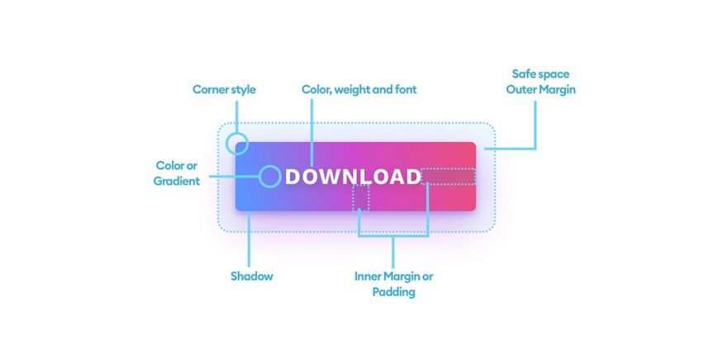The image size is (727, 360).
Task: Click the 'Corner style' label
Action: pos(224,89)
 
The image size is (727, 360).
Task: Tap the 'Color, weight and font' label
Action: pos(359,89)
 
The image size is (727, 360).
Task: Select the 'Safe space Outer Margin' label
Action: pos(540,82)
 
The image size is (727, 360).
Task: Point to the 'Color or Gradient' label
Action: pos(177,173)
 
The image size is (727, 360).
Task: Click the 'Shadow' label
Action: pos(252,276)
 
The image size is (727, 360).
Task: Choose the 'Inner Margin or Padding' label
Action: pos(393,284)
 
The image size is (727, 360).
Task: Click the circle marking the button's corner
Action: pos(237,143)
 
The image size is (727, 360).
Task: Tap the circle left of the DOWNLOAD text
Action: pos(270,177)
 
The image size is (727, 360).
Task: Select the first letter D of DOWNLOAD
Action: pos(292,177)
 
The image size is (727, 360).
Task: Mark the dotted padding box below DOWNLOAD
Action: pos(361,198)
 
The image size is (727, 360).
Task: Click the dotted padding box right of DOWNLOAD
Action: pos(449,177)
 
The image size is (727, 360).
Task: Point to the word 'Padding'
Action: pos(393,292)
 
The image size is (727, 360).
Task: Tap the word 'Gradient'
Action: pos(177,181)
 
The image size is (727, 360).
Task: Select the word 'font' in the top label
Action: pos(406,89)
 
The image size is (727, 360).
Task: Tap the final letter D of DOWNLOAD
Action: pos(412,177)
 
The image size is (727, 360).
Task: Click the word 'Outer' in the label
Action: pos(520,89)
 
